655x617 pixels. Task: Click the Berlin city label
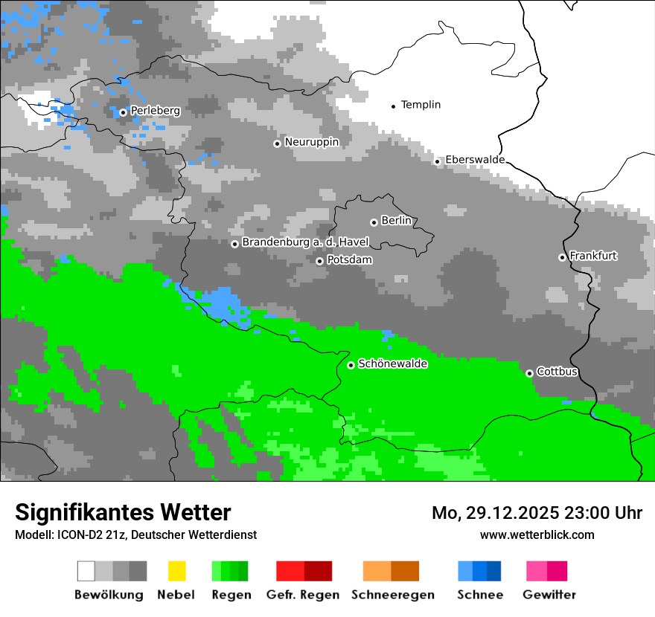click(396, 221)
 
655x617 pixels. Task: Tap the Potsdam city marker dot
click(319, 261)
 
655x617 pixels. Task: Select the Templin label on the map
click(421, 105)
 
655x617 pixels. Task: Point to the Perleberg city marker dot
click(123, 112)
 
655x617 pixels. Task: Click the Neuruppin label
click(311, 142)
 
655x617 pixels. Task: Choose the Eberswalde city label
click(475, 160)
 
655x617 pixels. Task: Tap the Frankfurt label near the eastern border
click(593, 256)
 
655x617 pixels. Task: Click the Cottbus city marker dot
click(529, 373)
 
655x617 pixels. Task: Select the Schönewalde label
click(392, 364)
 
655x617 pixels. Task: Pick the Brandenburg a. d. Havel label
click(305, 242)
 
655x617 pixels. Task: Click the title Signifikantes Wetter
click(123, 512)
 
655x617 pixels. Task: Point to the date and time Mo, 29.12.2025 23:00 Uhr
click(537, 513)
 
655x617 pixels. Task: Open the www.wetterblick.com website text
click(537, 534)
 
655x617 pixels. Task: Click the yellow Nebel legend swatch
click(176, 571)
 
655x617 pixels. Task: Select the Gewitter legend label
click(549, 595)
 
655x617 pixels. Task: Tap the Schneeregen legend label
click(392, 595)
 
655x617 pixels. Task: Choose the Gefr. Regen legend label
click(302, 595)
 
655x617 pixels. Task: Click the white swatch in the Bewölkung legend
click(86, 571)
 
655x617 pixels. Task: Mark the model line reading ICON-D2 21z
click(135, 534)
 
